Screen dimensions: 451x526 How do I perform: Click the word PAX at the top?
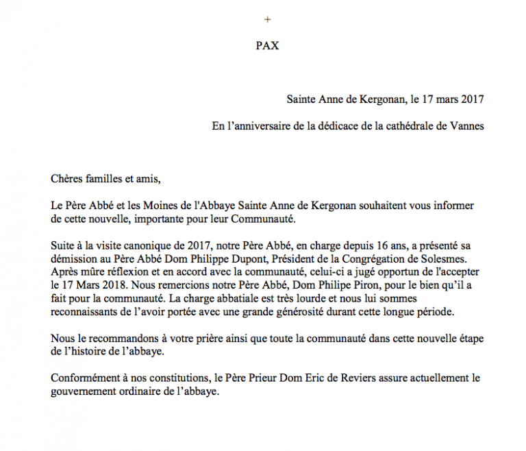tap(267, 47)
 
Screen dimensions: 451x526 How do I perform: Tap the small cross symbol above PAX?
tap(267, 19)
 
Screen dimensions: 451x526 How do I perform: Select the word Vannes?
tap(467, 126)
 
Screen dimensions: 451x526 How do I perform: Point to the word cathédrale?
tap(390, 126)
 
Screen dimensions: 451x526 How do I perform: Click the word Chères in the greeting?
tap(67, 180)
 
